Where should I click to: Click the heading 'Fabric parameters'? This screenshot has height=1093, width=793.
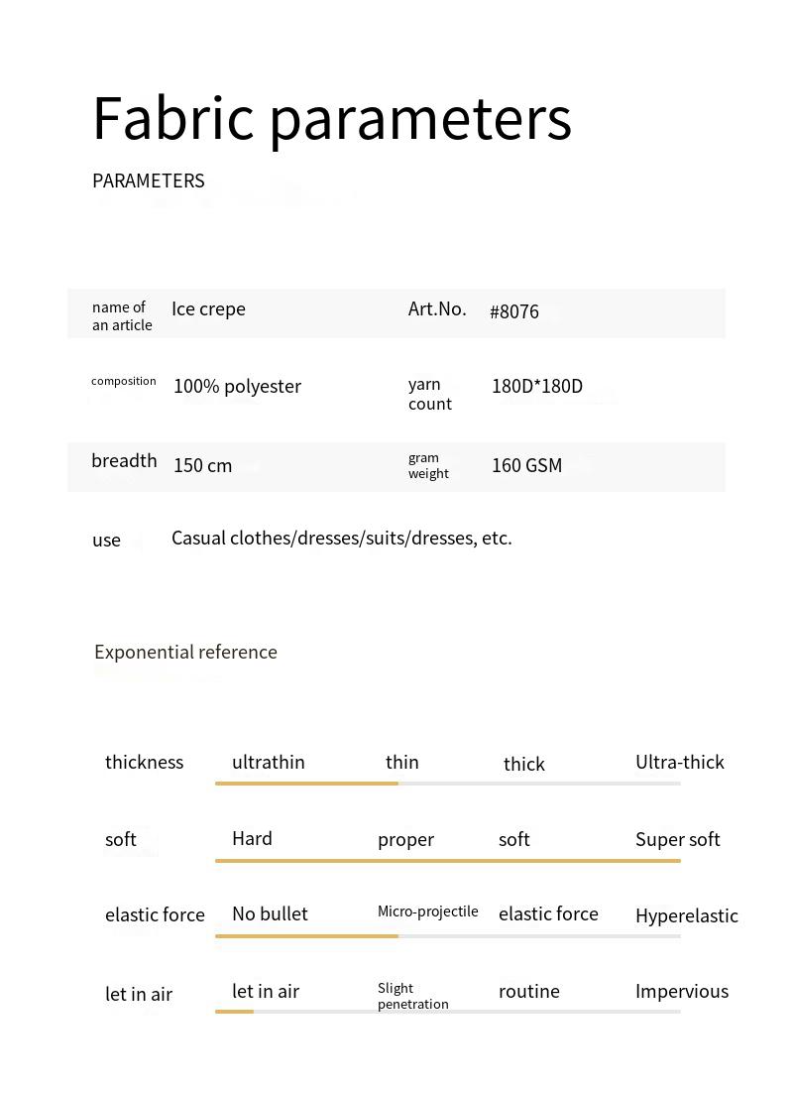[x=332, y=119]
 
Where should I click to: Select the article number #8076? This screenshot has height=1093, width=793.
[x=514, y=311]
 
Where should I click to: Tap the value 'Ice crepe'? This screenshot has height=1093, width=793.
[x=208, y=309]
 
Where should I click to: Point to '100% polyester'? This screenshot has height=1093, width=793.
[x=237, y=387]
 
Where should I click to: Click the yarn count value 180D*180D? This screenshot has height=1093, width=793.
[x=537, y=387]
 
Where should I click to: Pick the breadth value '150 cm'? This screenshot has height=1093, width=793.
[x=202, y=466]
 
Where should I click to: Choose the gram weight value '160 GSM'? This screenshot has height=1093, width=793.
[x=526, y=466]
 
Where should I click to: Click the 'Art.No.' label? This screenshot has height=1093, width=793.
[x=437, y=309]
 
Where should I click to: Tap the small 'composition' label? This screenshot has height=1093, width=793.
[x=124, y=381]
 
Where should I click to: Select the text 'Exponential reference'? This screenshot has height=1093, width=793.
[x=185, y=652]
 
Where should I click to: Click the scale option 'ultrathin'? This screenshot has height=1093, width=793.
[x=269, y=763]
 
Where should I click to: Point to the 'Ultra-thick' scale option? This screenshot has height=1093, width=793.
[x=680, y=763]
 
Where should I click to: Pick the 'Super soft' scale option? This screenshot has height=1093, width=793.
[x=678, y=840]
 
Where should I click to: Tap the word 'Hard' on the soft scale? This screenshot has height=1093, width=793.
[x=252, y=839]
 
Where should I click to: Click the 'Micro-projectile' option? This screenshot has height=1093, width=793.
[x=428, y=911]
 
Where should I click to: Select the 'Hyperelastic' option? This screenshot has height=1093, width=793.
[x=687, y=916]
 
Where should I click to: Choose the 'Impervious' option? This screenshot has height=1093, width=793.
[x=682, y=992]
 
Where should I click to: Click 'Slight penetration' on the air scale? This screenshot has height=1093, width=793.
[x=413, y=996]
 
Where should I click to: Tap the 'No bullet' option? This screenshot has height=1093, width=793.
[x=270, y=914]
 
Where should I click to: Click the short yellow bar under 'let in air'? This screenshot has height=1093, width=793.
[x=235, y=1012]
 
